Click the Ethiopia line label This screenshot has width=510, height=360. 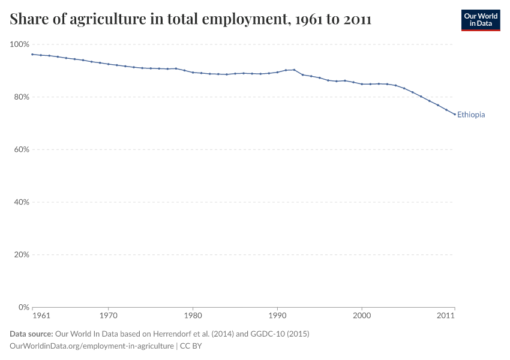coord(470,115)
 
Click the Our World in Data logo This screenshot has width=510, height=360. coord(480,20)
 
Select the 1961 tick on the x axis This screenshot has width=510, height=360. coord(41,315)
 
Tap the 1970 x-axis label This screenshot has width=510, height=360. coord(108,315)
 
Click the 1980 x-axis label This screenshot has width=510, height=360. coord(193,315)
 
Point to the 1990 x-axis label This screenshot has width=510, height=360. coord(277,315)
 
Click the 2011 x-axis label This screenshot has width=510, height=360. coord(445,315)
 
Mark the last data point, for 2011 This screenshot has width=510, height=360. coord(454,115)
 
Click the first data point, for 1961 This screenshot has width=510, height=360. coord(32,55)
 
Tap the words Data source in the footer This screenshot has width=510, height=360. coord(31,334)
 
